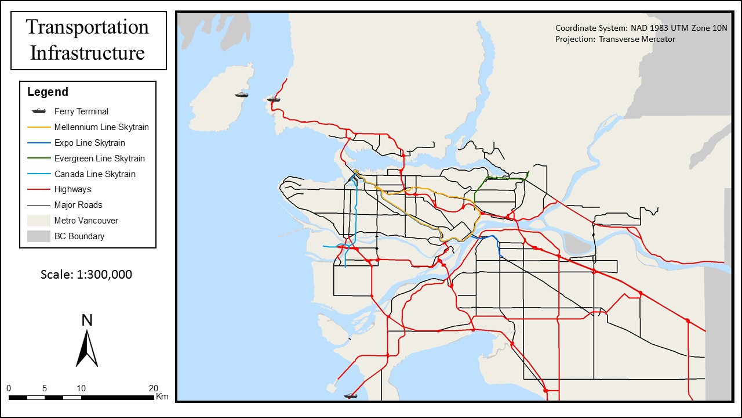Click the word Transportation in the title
(x=88, y=27)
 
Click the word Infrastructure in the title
(x=88, y=53)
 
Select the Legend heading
(x=48, y=92)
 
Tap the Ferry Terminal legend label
(x=81, y=111)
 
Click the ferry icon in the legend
(x=39, y=111)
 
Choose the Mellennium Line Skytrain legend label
(x=101, y=127)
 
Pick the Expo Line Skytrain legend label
(x=89, y=143)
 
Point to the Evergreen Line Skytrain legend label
(x=99, y=158)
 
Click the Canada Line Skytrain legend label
(x=94, y=174)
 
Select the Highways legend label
(x=72, y=189)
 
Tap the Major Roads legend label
(x=78, y=205)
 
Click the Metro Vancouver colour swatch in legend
(x=39, y=221)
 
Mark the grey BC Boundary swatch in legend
(x=39, y=236)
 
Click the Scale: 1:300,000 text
(x=86, y=275)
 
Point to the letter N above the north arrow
(x=87, y=320)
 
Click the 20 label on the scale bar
(x=153, y=388)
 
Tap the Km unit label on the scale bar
(x=162, y=397)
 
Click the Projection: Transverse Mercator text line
(x=615, y=39)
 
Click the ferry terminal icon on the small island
(x=242, y=94)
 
